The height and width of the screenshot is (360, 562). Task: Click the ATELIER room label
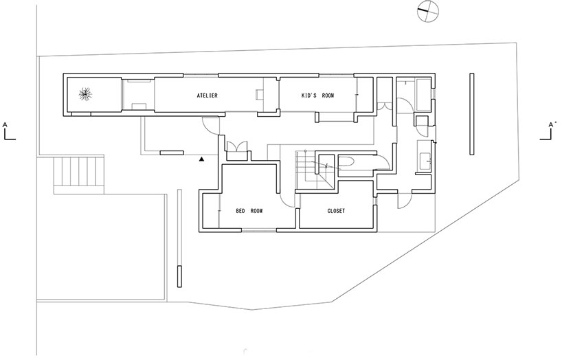[207, 96]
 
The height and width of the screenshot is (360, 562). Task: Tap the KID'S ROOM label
[317, 96]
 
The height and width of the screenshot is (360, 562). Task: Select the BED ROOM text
[249, 211]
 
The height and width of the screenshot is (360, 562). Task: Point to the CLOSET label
[336, 211]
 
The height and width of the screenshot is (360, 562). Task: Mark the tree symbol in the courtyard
[87, 95]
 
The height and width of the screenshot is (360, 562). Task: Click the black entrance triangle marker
[201, 159]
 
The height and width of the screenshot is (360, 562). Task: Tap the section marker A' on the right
[550, 131]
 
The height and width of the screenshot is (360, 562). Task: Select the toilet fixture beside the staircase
[346, 162]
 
